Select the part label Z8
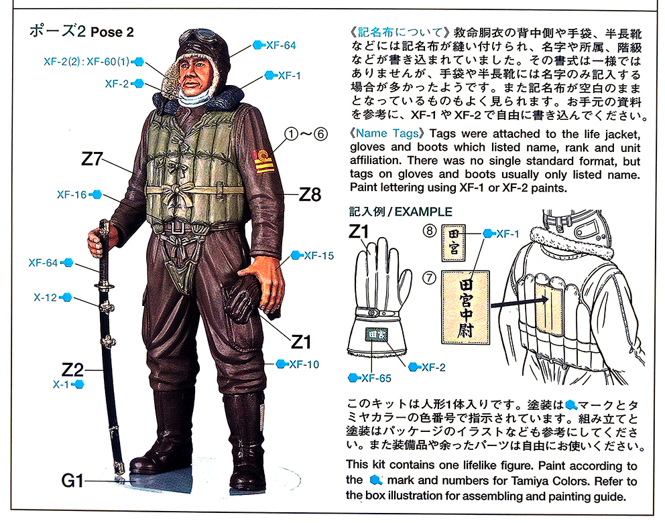click(x=310, y=195)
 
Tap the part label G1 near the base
click(x=72, y=479)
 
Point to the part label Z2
click(x=72, y=368)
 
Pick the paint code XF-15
click(x=318, y=256)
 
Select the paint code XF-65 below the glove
click(x=376, y=378)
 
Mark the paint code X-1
click(x=64, y=384)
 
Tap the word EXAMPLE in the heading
click(x=423, y=212)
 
